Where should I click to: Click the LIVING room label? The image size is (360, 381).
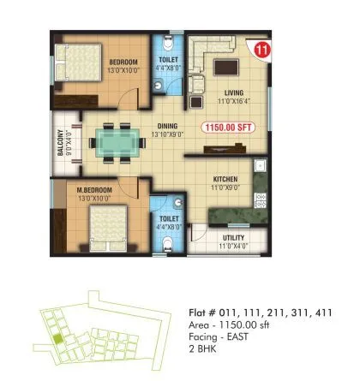234,93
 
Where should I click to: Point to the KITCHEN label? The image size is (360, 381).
226,180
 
